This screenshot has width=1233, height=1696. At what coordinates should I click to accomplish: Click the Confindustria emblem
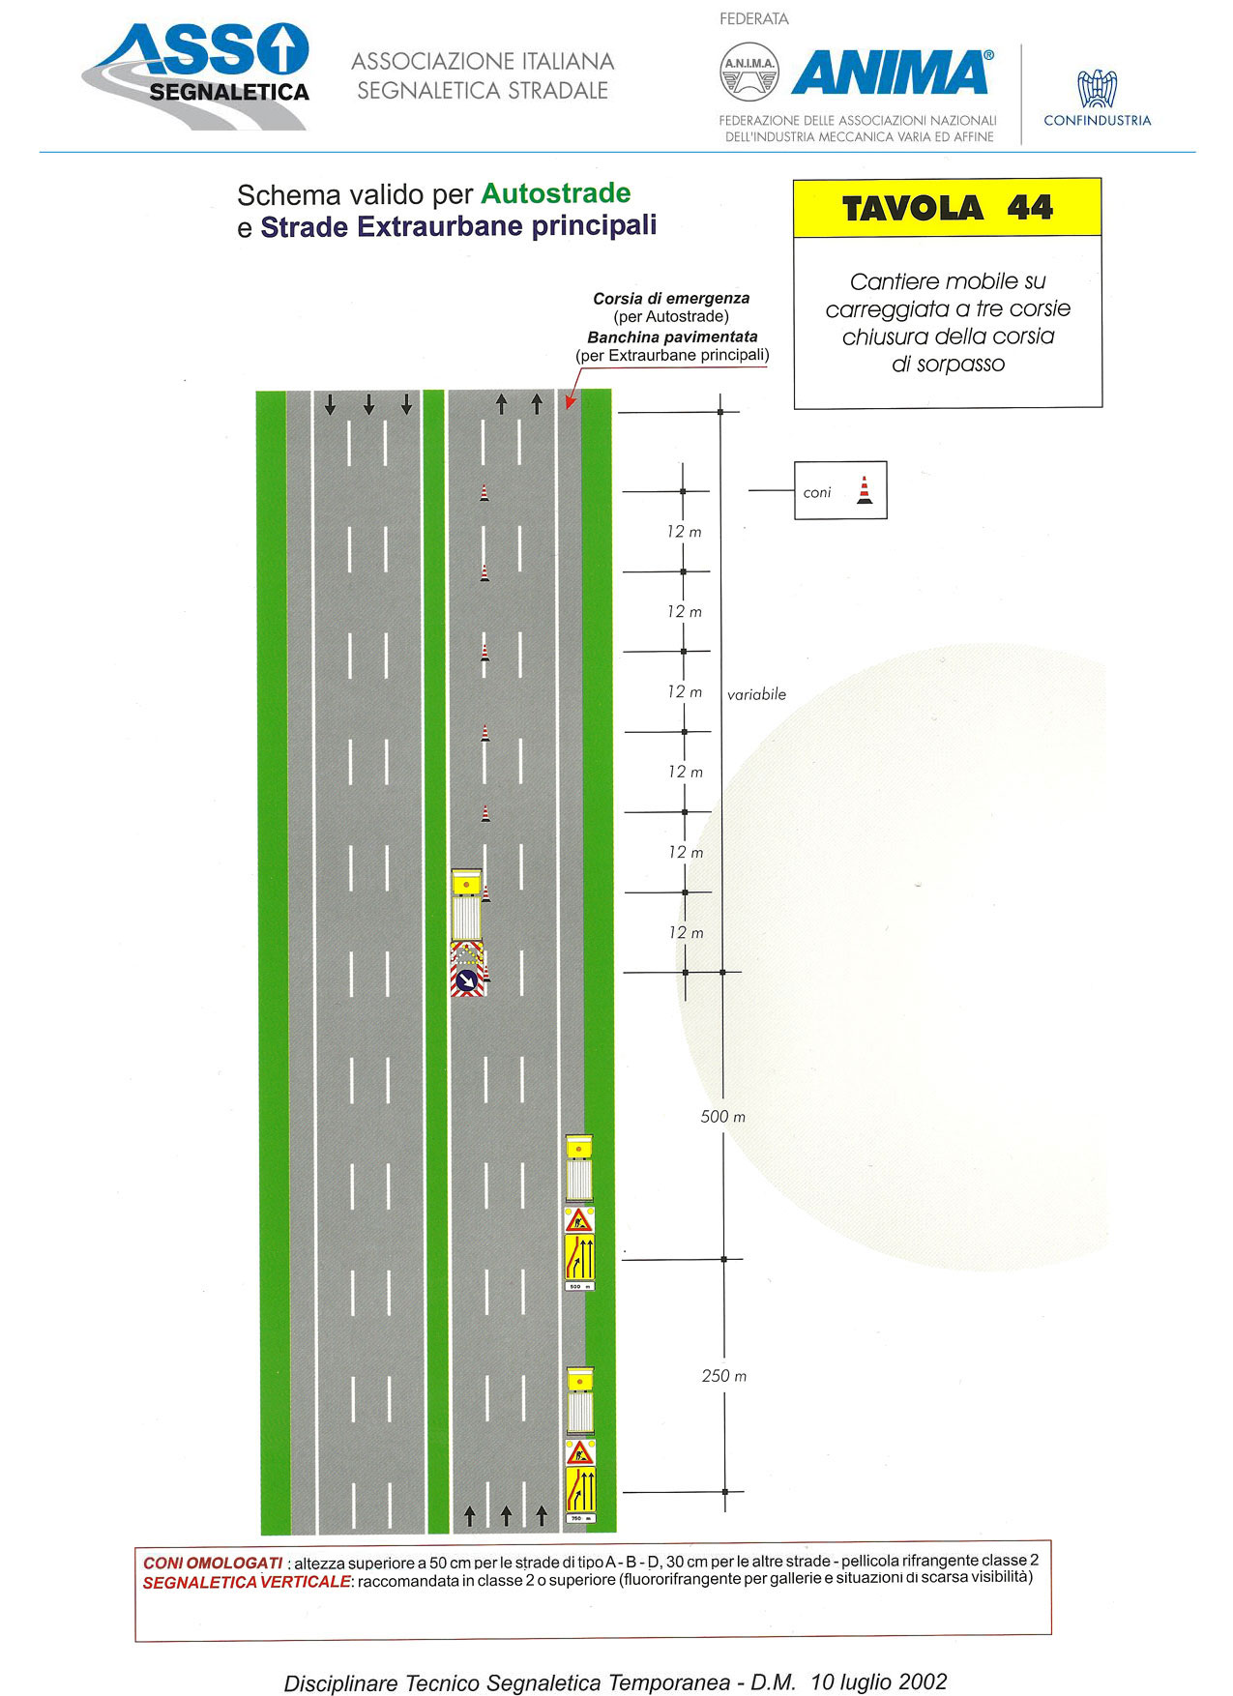(x=1097, y=88)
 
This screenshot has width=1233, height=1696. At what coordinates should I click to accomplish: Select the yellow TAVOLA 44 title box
(x=947, y=208)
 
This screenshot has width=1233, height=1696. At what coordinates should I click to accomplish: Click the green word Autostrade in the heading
(x=556, y=193)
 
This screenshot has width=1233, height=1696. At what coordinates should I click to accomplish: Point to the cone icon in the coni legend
(x=865, y=490)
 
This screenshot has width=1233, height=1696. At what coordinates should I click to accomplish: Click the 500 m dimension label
(x=722, y=1117)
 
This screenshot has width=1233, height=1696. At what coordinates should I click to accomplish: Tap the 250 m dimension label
(x=723, y=1376)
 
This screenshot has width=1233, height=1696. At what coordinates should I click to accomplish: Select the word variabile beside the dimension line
(x=756, y=694)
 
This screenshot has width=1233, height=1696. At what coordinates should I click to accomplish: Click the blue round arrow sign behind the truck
(x=467, y=982)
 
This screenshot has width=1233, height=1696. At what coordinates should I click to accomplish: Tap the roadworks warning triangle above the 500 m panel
(x=579, y=1219)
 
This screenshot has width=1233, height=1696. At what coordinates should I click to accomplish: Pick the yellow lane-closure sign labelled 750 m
(x=579, y=1495)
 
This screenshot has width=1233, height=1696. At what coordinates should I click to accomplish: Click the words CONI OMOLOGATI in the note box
(x=213, y=1563)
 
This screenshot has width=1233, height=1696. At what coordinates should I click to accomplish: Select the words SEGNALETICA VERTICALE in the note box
(x=247, y=1582)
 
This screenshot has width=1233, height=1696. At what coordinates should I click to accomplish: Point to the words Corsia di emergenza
(x=671, y=299)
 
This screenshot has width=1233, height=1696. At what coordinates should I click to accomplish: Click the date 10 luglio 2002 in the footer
(x=878, y=1681)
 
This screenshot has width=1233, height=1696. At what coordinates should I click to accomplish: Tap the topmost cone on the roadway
(x=484, y=493)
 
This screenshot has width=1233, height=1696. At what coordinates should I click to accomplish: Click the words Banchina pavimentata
(x=672, y=337)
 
